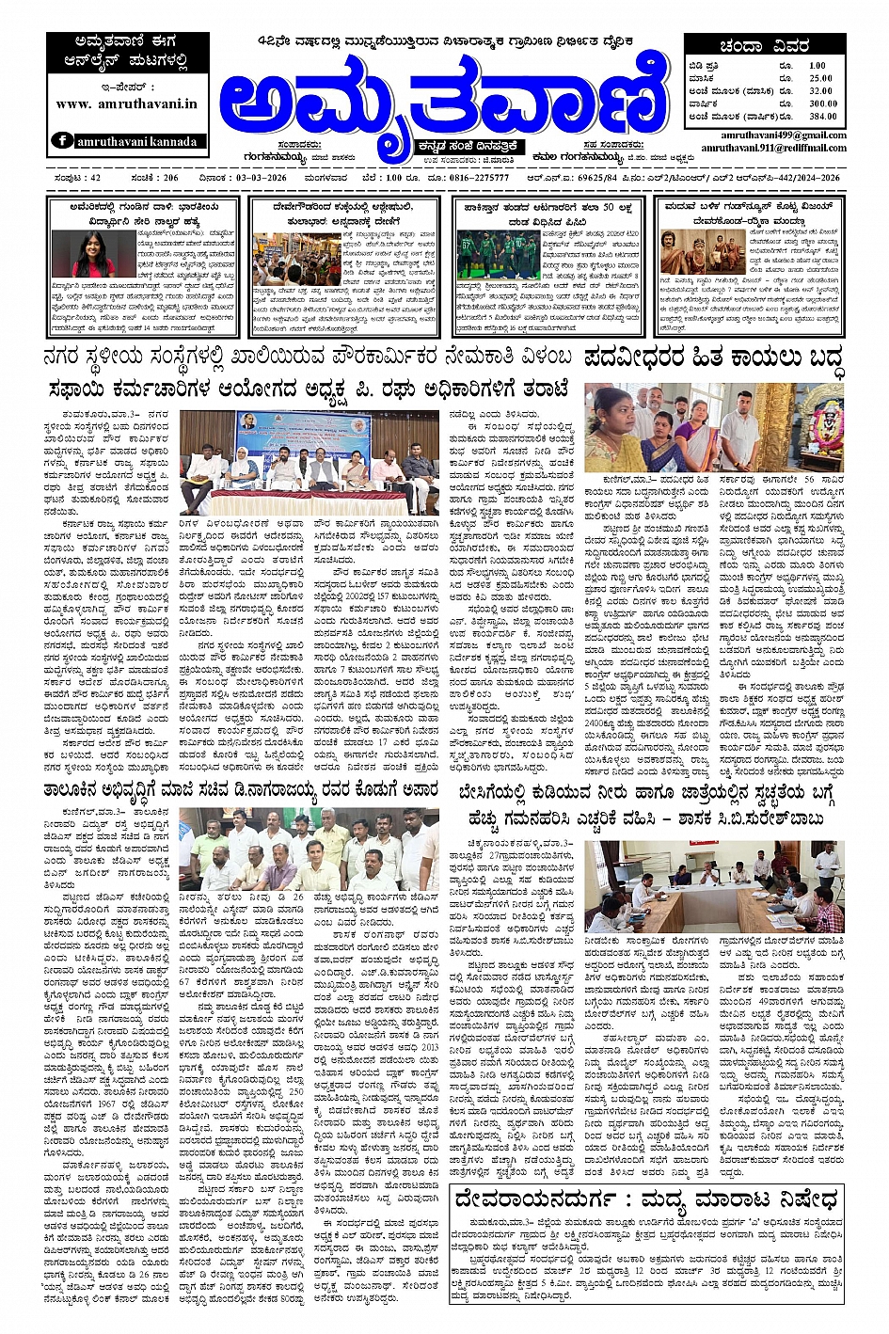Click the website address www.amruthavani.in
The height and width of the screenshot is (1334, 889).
coord(126,103)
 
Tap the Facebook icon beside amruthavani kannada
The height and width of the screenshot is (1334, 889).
coord(63,141)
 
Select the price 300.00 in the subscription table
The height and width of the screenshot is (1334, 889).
coord(822,103)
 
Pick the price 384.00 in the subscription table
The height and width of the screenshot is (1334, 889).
coord(822,117)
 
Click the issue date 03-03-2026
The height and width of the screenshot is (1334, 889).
coord(235,177)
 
